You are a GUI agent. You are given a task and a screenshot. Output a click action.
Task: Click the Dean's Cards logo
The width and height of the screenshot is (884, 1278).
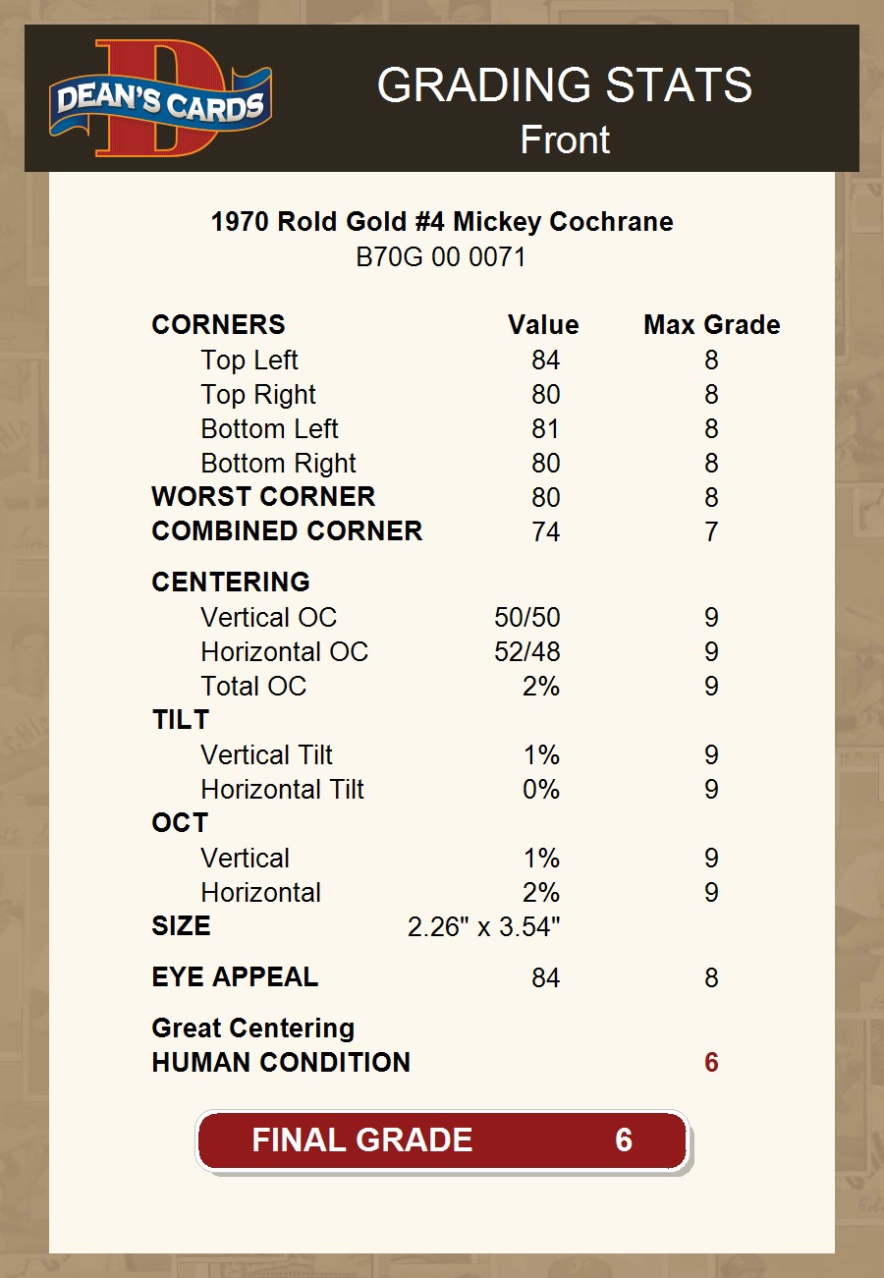tap(161, 98)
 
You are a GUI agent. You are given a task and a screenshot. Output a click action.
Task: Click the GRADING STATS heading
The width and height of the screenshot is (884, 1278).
tap(565, 85)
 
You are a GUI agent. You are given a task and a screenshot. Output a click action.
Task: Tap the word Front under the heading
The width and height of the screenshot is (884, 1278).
tap(565, 139)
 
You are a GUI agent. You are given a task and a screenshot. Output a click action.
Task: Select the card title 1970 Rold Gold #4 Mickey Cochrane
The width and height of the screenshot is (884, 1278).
tap(442, 222)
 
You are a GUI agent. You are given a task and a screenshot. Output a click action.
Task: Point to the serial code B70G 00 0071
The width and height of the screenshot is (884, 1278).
tap(441, 257)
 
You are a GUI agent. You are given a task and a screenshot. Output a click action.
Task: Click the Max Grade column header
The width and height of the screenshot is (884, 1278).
tap(712, 325)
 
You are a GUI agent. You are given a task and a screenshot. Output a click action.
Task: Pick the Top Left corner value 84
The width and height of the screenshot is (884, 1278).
tap(545, 361)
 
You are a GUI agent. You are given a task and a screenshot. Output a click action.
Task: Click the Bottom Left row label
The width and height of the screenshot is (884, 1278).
tap(269, 429)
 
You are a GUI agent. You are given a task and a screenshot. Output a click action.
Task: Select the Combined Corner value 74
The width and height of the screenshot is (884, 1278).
tap(545, 532)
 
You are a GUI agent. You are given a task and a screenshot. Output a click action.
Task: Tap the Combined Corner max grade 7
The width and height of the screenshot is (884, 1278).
tap(711, 532)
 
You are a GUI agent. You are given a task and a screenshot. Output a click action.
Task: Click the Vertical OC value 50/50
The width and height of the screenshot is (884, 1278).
tap(527, 618)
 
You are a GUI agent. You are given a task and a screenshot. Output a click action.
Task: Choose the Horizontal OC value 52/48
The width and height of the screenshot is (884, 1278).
tap(527, 652)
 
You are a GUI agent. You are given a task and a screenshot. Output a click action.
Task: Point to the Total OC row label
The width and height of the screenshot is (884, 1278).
tap(253, 687)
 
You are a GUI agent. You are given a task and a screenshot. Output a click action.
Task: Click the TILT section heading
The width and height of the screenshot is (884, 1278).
tap(181, 720)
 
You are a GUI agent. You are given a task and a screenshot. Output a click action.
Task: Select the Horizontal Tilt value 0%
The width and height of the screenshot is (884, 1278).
tap(541, 790)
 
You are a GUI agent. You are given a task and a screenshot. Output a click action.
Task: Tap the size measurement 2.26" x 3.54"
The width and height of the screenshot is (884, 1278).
tap(483, 927)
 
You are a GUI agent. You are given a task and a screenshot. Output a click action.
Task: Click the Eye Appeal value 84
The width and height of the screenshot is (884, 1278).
tap(545, 978)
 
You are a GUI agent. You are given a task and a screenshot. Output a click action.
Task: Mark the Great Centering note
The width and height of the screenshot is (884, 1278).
tap(253, 1028)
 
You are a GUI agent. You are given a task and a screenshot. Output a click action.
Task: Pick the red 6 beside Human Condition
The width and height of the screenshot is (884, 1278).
tap(711, 1063)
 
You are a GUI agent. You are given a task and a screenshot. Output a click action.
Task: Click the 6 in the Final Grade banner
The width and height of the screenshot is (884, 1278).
tap(624, 1139)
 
